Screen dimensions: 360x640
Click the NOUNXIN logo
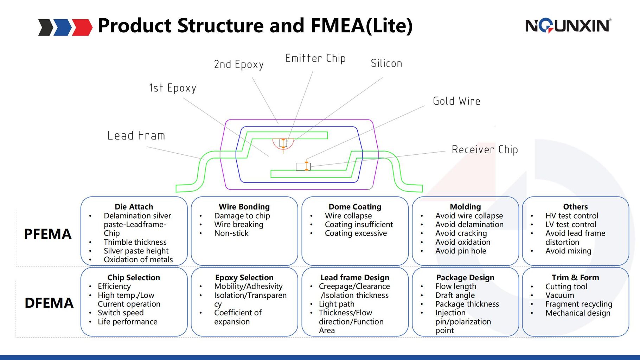[x=568, y=26]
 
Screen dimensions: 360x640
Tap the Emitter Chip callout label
[x=315, y=58]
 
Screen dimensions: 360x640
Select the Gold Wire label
[x=456, y=101]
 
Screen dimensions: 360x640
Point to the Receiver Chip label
[x=485, y=149]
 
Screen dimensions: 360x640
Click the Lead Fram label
[x=136, y=136]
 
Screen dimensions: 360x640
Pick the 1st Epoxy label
[x=172, y=88]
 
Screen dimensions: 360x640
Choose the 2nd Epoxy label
[x=239, y=65]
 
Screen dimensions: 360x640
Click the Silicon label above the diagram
[x=386, y=64]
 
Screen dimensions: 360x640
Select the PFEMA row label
[x=47, y=234]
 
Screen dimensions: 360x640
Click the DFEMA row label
[x=49, y=303]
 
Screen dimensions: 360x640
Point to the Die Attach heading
[x=134, y=207]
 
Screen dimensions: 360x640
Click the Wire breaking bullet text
[x=238, y=225]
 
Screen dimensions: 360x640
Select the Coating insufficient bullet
[x=359, y=225]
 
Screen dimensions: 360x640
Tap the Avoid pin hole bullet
[x=461, y=251]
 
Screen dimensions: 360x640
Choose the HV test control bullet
[x=571, y=216]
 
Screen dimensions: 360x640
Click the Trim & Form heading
[x=575, y=277]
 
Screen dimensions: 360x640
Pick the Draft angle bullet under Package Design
[x=455, y=295]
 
